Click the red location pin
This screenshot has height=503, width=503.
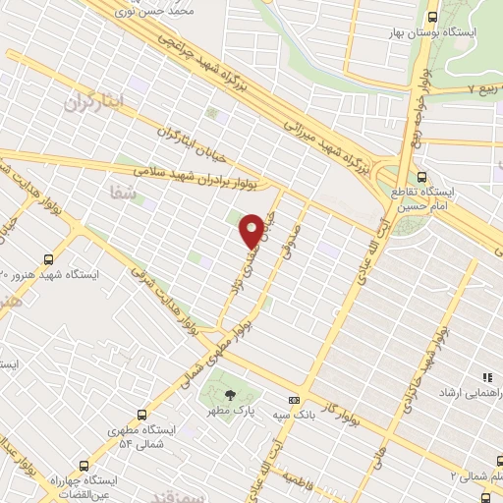[x=252, y=231]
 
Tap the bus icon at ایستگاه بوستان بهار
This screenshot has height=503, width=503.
[x=433, y=16]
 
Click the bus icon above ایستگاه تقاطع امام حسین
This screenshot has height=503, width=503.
[x=421, y=178]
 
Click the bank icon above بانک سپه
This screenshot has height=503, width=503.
[x=293, y=400]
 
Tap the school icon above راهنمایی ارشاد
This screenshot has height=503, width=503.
[x=485, y=377]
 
